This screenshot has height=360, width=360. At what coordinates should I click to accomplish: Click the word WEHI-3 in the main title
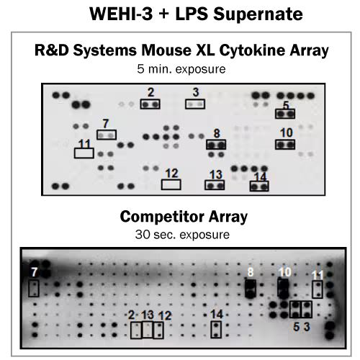click(x=121, y=14)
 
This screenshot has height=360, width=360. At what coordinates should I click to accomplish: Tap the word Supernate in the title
click(x=258, y=14)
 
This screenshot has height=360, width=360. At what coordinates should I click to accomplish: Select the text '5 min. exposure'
click(x=181, y=69)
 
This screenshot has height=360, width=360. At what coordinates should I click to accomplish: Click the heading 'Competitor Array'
click(x=184, y=217)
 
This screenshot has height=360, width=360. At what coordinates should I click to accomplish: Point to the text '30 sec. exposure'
click(x=182, y=235)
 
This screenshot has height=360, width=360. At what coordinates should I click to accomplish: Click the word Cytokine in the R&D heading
click(x=252, y=50)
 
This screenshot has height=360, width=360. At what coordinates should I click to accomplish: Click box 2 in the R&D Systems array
click(x=150, y=104)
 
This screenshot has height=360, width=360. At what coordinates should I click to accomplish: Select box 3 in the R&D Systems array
click(x=195, y=104)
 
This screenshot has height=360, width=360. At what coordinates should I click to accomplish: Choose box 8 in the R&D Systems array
click(x=216, y=145)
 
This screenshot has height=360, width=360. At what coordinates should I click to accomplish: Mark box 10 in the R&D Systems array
click(x=285, y=145)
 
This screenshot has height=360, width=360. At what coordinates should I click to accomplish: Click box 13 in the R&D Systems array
click(x=215, y=185)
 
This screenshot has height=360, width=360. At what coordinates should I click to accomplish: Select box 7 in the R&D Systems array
click(x=107, y=135)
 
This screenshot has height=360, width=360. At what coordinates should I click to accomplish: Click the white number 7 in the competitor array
click(x=34, y=272)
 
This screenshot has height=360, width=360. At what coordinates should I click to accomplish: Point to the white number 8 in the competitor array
click(x=251, y=272)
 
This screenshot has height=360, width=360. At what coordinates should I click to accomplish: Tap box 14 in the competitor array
click(x=216, y=330)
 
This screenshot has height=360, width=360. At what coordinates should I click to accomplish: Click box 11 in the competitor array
click(x=318, y=289)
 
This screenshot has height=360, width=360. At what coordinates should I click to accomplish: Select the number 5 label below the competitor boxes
click(x=297, y=327)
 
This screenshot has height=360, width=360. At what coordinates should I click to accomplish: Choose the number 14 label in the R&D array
click(x=260, y=177)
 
